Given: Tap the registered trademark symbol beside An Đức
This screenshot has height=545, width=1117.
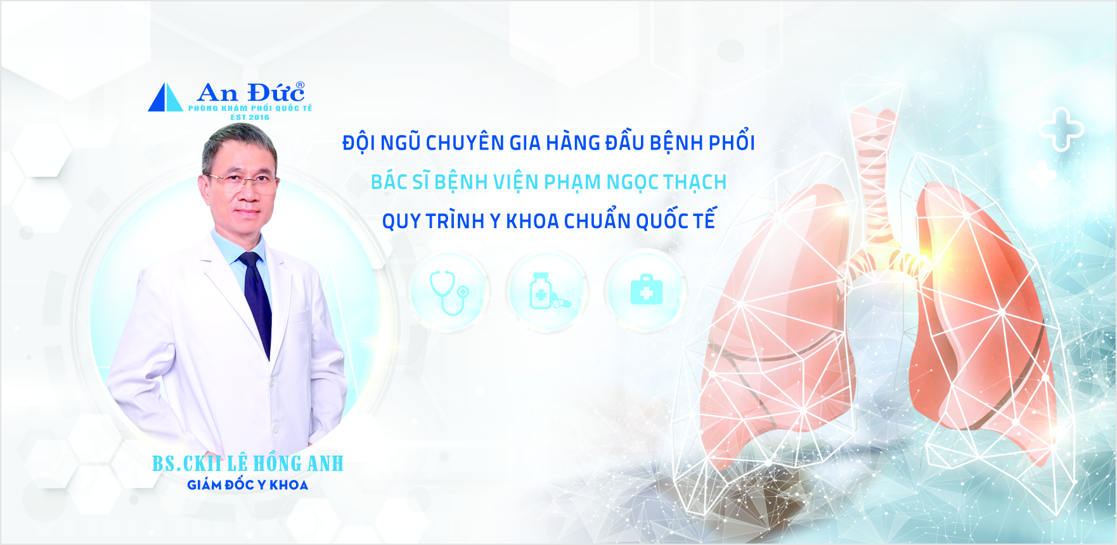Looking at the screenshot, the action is click(300, 86).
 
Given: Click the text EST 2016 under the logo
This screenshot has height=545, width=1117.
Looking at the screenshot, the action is click(250, 117).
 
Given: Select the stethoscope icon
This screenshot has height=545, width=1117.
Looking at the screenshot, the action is click(449, 292).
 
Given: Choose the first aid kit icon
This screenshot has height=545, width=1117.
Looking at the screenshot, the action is click(647, 290).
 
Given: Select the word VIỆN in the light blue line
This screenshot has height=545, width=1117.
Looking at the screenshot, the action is click(515, 182).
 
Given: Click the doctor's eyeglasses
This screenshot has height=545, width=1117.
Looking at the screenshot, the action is click(242, 181).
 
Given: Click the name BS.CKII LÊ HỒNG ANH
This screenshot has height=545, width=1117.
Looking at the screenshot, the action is click(248, 463).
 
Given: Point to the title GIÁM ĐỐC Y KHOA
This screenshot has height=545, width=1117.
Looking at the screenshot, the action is click(248, 485).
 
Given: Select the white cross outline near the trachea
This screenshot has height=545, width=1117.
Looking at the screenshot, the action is click(1061, 130).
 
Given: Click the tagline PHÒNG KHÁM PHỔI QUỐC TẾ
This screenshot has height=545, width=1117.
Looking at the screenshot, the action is click(250, 108).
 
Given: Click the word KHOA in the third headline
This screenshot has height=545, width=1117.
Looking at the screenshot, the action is click(533, 221).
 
